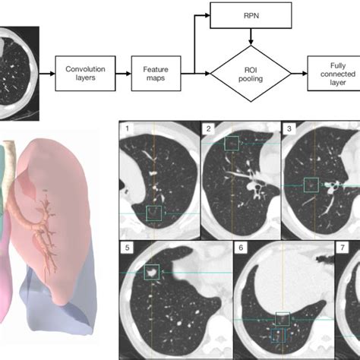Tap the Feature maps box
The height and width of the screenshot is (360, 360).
[x=155, y=74]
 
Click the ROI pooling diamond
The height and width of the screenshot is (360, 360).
[x=251, y=74]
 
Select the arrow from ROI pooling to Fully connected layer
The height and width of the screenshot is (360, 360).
[x=298, y=74]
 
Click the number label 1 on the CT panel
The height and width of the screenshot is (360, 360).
[x=128, y=129]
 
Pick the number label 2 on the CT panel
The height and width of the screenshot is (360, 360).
[x=207, y=129]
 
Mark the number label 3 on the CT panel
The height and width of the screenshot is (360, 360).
[x=289, y=129]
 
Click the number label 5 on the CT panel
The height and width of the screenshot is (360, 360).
[x=128, y=247]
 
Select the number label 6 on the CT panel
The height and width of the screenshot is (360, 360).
[x=241, y=247]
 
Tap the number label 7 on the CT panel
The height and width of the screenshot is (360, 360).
[x=343, y=247]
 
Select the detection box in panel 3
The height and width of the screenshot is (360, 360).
[x=310, y=185]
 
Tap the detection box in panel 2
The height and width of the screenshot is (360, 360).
[x=233, y=142]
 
